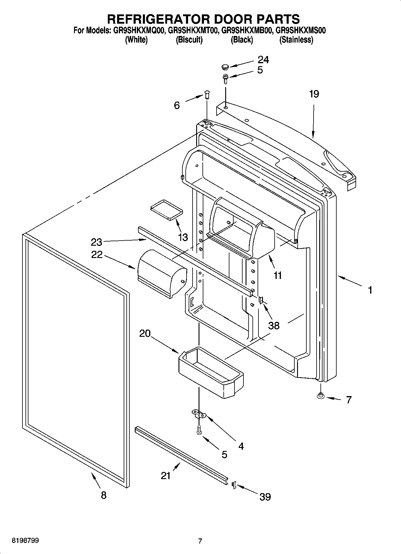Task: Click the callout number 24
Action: [x=263, y=60]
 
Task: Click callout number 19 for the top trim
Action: [x=314, y=94]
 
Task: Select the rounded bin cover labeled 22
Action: [x=162, y=273]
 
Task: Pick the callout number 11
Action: [x=278, y=275]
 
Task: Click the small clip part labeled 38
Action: [x=261, y=300]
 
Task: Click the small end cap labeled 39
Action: [x=234, y=484]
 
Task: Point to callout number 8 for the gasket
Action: [x=103, y=495]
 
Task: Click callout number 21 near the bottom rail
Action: [x=166, y=475]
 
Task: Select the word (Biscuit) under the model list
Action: [x=189, y=40]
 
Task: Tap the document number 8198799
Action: [x=25, y=541]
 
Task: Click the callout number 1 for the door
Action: [x=370, y=290]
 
